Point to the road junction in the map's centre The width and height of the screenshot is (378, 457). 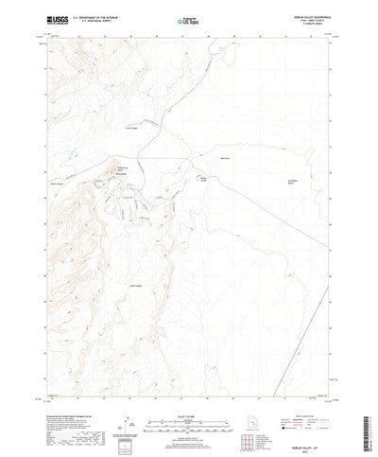click(x=157, y=156)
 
